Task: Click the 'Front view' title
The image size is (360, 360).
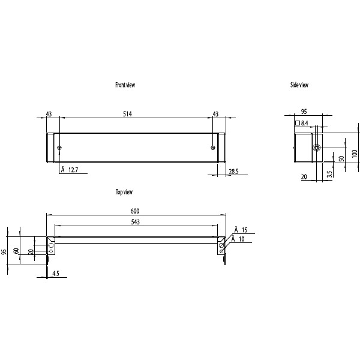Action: (x=125, y=85)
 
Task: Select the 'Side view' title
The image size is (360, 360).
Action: (x=299, y=85)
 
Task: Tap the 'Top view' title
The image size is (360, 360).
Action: (x=124, y=192)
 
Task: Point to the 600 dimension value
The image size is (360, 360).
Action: (x=135, y=211)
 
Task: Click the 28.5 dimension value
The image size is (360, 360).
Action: (x=233, y=172)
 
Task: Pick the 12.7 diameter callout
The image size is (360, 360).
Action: (x=73, y=170)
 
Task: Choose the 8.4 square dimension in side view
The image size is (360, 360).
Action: (x=304, y=123)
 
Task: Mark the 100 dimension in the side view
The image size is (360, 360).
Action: (x=355, y=154)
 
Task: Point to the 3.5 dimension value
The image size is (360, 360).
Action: (x=329, y=174)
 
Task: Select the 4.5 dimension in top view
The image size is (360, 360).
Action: (x=55, y=274)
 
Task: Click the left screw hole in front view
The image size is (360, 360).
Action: (x=59, y=148)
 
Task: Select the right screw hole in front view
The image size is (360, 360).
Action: (x=213, y=148)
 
